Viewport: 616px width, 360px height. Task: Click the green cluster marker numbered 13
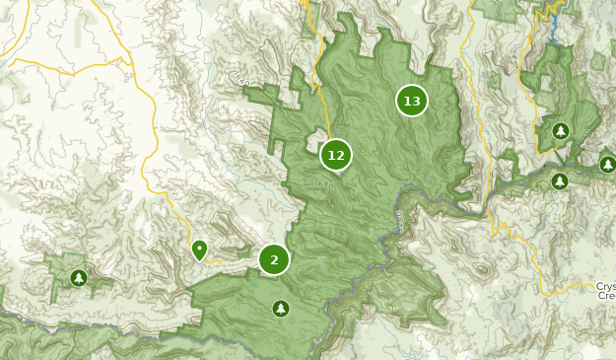[x=411, y=101]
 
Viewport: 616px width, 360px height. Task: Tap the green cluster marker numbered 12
[x=335, y=155]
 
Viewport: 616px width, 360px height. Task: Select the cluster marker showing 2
[x=274, y=259]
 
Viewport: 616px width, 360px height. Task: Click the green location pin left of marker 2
[x=199, y=250]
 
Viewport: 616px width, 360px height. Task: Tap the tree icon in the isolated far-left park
[x=78, y=278]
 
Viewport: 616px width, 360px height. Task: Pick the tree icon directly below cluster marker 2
[x=281, y=309]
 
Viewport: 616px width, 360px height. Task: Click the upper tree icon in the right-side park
[x=561, y=130]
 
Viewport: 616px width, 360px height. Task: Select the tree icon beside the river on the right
[x=560, y=180]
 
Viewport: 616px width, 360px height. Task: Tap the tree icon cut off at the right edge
[x=608, y=164]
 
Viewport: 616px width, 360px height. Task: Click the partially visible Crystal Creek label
[x=605, y=290]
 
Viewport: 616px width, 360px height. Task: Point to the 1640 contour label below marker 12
[x=324, y=184]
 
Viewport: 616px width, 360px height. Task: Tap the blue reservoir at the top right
[x=555, y=20]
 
